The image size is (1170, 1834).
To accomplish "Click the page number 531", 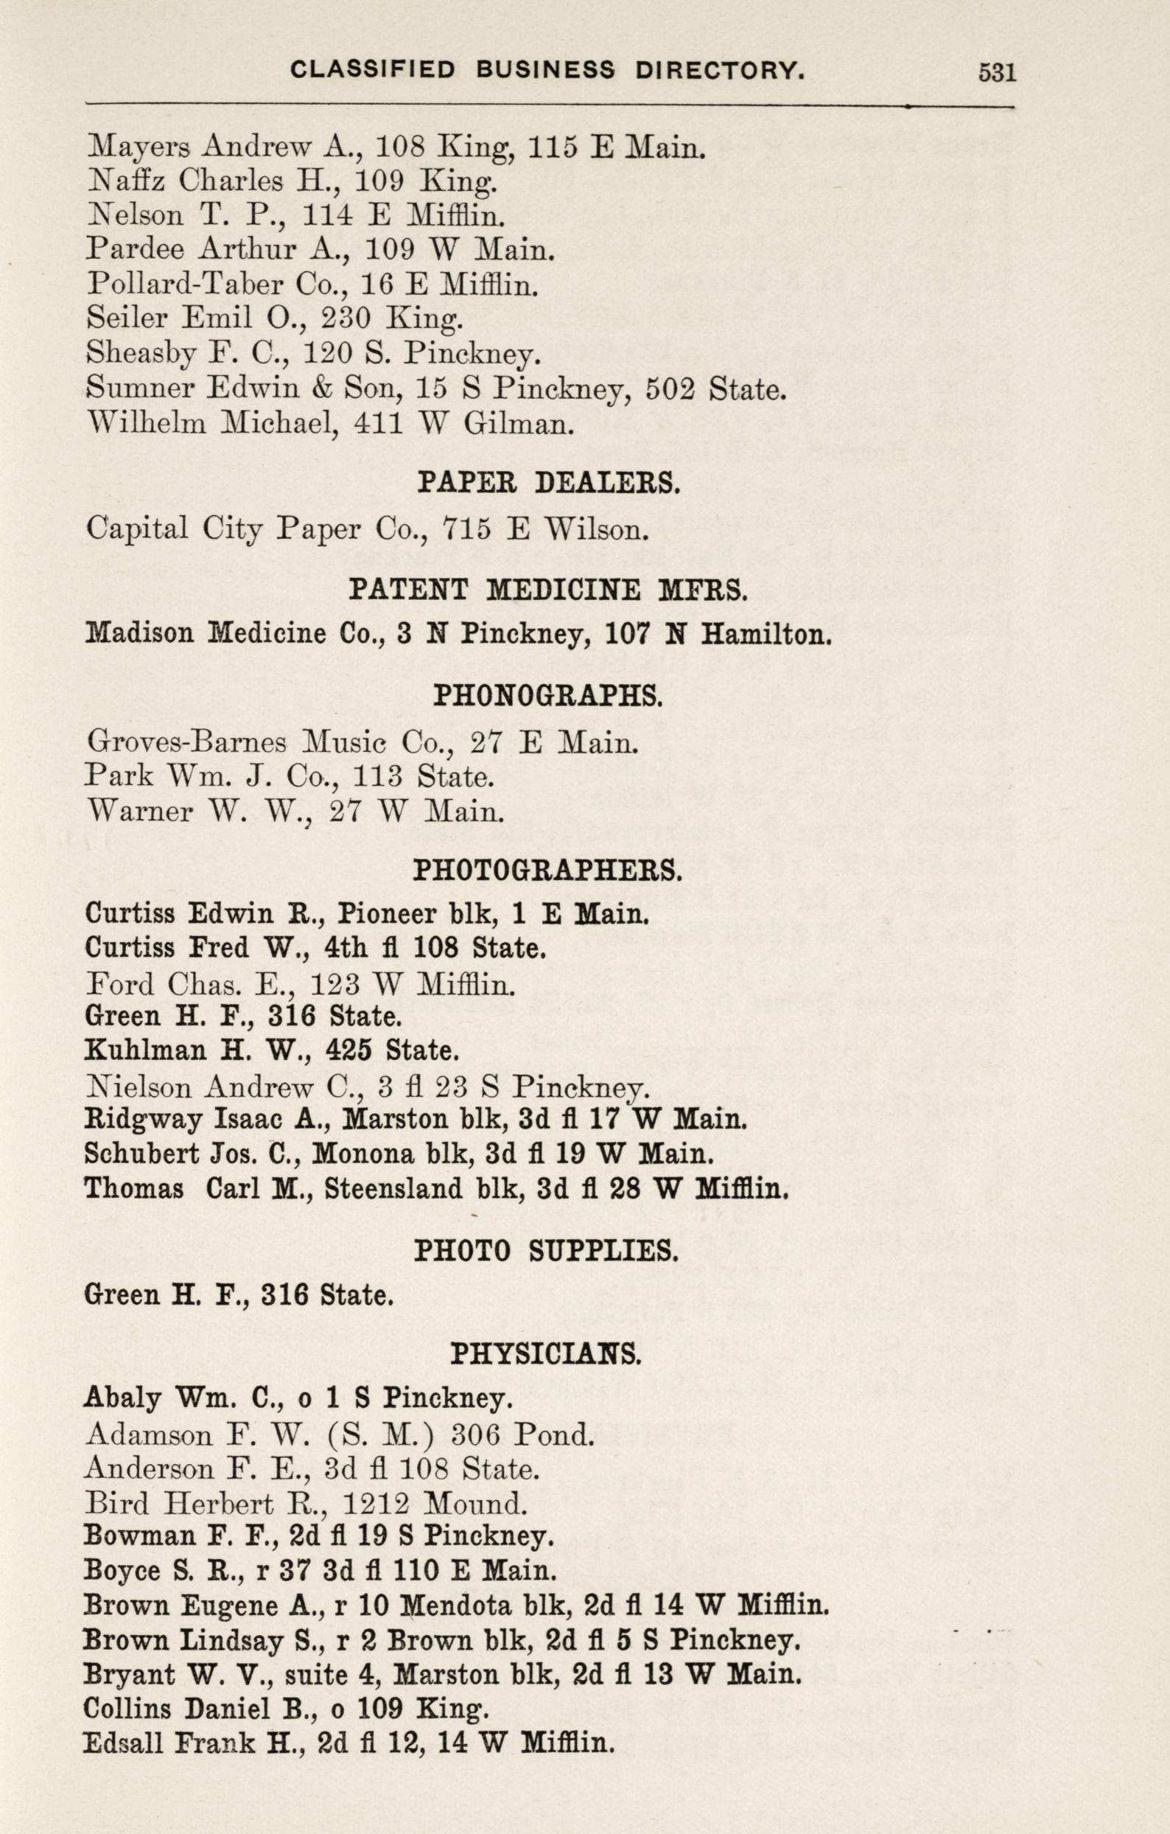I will [x=996, y=72].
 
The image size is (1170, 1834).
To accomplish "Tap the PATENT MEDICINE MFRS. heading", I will [x=548, y=590].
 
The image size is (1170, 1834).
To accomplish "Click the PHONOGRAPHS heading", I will [x=548, y=696].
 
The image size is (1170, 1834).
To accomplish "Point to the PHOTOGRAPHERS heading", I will [x=548, y=871].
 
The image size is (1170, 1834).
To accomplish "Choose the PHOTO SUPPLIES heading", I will [x=546, y=1251].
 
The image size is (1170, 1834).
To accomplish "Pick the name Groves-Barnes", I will [x=186, y=742].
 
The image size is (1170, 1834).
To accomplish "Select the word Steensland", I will [x=393, y=1189].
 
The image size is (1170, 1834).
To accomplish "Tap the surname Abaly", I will [x=122, y=1399].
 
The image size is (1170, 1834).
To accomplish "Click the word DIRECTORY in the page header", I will [x=719, y=72].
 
